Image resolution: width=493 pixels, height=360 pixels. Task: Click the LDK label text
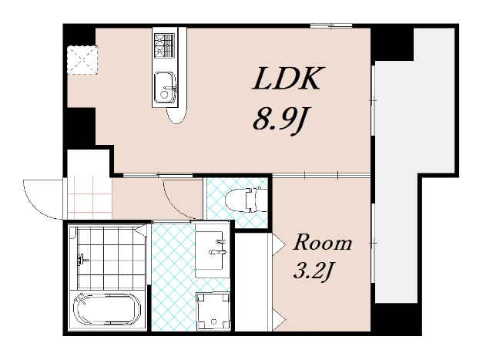click(x=288, y=79)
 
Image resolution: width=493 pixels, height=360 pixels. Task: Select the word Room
click(x=322, y=243)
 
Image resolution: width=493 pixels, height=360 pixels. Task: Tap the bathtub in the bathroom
click(x=107, y=309)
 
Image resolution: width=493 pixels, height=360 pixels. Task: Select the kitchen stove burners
click(x=164, y=45)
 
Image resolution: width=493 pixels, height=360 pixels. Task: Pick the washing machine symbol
click(x=213, y=311)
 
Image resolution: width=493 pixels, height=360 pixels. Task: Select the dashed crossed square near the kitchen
click(x=82, y=60)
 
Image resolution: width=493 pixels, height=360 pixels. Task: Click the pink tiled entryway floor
click(x=90, y=197)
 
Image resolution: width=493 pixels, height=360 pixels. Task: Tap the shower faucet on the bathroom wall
click(x=82, y=260)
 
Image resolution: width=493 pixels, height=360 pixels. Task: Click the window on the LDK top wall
click(x=331, y=25)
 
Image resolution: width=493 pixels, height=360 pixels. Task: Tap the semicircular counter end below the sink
click(x=176, y=115)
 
